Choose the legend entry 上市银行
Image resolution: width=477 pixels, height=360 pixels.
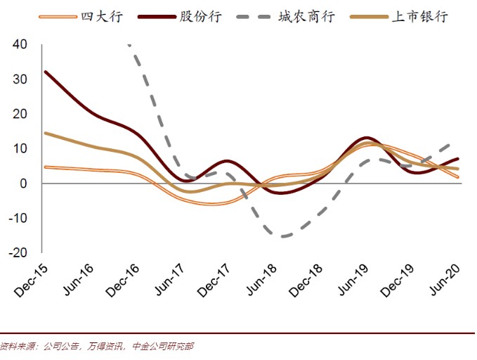(419, 16)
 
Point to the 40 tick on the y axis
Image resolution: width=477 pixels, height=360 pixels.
(20, 44)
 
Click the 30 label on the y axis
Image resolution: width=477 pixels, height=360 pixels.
(20, 79)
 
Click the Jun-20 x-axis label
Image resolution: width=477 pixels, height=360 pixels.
(444, 280)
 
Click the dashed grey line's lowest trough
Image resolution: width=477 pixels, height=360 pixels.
(283, 236)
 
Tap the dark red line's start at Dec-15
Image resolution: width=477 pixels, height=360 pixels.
(46, 72)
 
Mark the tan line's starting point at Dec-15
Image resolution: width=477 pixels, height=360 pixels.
(46, 133)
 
